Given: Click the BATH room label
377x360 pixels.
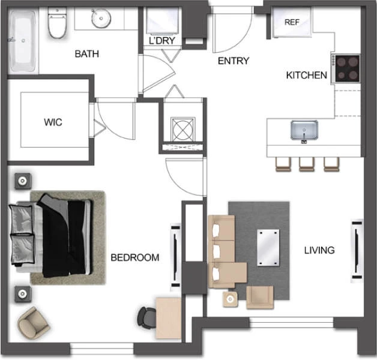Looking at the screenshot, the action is [87, 53].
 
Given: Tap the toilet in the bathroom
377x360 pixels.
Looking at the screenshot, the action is [57, 23].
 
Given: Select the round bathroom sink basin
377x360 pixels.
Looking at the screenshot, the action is [101, 18].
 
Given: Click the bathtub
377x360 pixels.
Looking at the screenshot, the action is [23, 41].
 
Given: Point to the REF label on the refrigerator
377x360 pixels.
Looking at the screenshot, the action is [292, 22].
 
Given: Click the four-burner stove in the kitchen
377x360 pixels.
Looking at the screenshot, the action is [346, 69].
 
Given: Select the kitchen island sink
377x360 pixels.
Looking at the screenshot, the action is [304, 130].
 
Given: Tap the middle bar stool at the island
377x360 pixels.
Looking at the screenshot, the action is [307, 164].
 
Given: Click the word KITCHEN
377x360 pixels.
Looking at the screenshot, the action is [307, 75].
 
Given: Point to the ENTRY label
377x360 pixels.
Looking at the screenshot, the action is [234, 61].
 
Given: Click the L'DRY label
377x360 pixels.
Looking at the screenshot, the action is [162, 41].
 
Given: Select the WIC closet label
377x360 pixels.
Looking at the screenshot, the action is [53, 122].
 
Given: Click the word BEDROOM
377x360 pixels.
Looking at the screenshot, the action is [135, 257].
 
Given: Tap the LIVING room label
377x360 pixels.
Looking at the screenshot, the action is [319, 250].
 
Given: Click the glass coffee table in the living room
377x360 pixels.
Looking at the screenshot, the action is [268, 248].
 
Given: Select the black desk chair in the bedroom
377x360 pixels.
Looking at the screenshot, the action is [146, 318].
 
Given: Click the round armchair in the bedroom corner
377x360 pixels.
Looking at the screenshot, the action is [34, 323].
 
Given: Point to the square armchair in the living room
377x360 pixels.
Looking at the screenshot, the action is [260, 297].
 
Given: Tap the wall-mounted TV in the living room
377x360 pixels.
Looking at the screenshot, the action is [357, 250].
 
